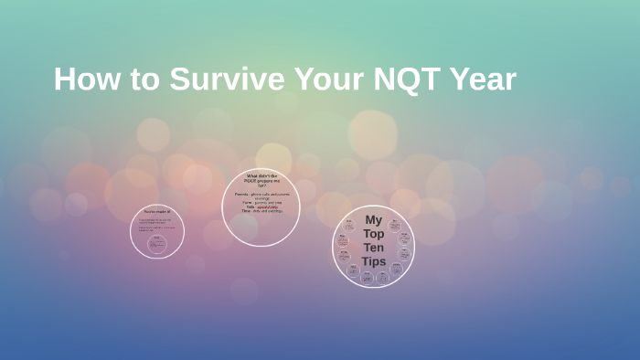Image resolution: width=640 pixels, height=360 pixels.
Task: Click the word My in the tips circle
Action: click(x=373, y=220)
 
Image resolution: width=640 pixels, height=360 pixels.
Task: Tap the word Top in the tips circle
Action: click(x=373, y=234)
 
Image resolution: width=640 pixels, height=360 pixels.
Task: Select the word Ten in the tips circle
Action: click(x=373, y=248)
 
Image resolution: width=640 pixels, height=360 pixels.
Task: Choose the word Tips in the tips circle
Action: click(x=373, y=261)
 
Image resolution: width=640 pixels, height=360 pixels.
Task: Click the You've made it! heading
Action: click(x=156, y=212)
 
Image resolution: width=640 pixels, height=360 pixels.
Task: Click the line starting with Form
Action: click(x=261, y=203)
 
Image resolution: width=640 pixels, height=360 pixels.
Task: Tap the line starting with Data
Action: click(x=261, y=207)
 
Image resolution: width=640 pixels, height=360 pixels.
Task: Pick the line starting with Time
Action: click(x=261, y=212)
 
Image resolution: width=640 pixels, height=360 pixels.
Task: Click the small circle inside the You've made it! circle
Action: click(x=156, y=242)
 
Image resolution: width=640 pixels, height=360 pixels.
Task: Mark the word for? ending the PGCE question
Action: click(x=261, y=185)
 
